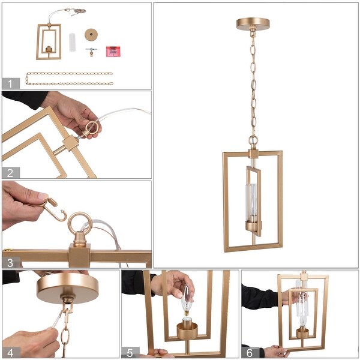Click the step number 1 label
(x=10, y=83)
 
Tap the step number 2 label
(x=10, y=173)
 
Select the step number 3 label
(x=10, y=262)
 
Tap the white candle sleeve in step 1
(x=73, y=43)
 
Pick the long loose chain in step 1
(x=69, y=79)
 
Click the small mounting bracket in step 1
(x=91, y=52)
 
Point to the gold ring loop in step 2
(x=93, y=128)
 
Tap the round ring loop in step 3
(x=79, y=226)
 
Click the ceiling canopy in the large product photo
(x=253, y=24)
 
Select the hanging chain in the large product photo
(x=253, y=84)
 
